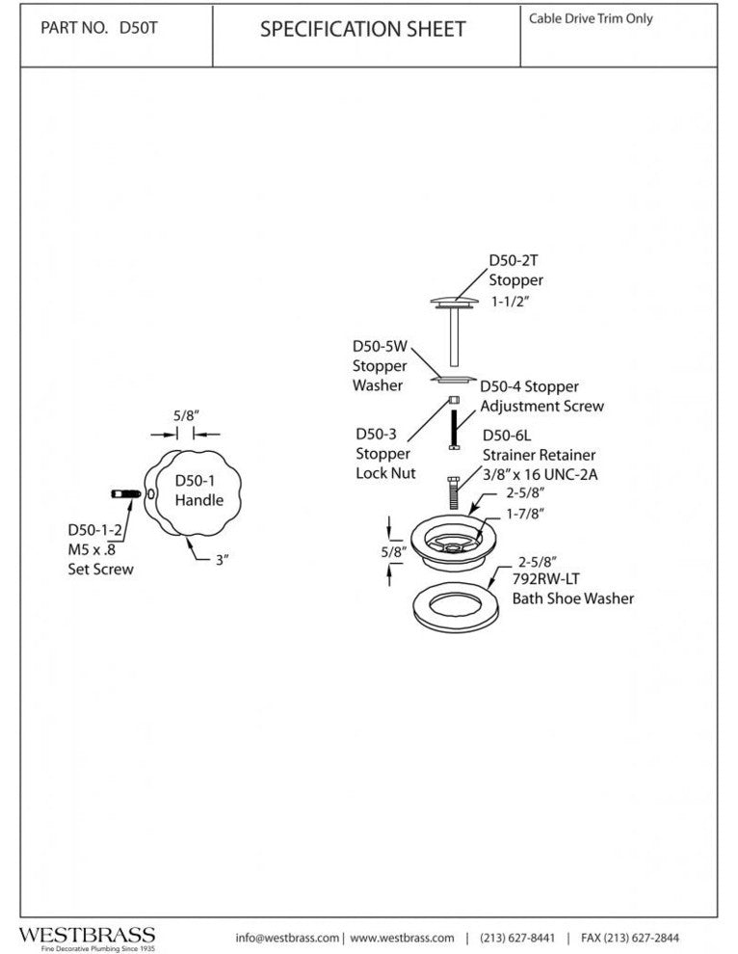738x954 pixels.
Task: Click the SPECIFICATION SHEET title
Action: pos(362,30)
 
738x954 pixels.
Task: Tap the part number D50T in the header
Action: pos(98,28)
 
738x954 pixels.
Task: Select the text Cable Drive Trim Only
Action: pos(591,18)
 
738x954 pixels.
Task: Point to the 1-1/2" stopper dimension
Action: pos(513,302)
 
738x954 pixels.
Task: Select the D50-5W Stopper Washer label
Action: pos(380,365)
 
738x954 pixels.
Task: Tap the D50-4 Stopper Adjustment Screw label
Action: pos(541,396)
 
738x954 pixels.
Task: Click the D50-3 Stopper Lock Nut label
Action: pos(383,454)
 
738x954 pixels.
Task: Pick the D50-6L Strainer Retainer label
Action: pos(538,454)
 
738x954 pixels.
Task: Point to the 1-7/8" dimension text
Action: pos(512,514)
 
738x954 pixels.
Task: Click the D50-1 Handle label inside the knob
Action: pos(199,490)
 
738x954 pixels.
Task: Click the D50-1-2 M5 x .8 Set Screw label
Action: pos(100,549)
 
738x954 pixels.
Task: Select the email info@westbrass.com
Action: pos(287,938)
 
